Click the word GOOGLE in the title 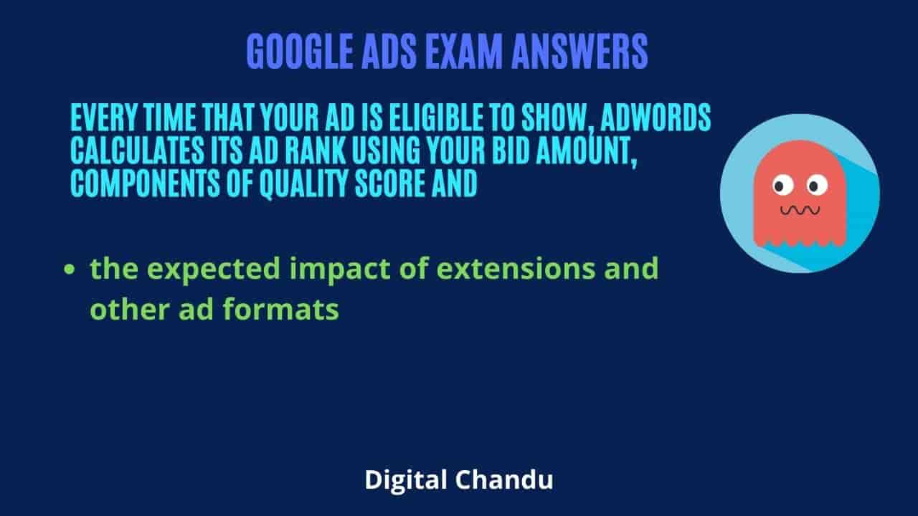point(300,52)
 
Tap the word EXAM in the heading point(463,52)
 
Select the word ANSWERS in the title point(580,52)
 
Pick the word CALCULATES point(137,150)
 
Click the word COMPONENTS point(145,183)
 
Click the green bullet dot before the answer point(70,269)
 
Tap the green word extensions point(516,269)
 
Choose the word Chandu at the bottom point(504,479)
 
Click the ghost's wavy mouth point(800,211)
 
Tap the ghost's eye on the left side point(782,185)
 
